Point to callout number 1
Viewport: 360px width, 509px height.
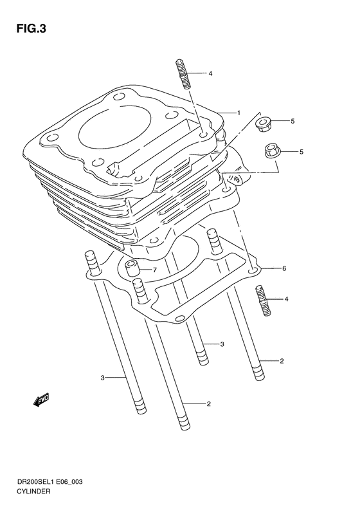point(238,113)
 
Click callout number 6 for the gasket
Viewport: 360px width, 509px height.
point(283,268)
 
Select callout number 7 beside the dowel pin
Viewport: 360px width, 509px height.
point(154,270)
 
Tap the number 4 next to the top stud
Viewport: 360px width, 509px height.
point(210,74)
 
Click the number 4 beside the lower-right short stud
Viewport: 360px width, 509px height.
point(286,299)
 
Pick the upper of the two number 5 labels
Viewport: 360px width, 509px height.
point(292,121)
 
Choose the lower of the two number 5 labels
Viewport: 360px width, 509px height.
point(301,152)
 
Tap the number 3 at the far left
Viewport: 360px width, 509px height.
point(102,377)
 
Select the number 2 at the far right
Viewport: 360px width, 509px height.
point(282,361)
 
